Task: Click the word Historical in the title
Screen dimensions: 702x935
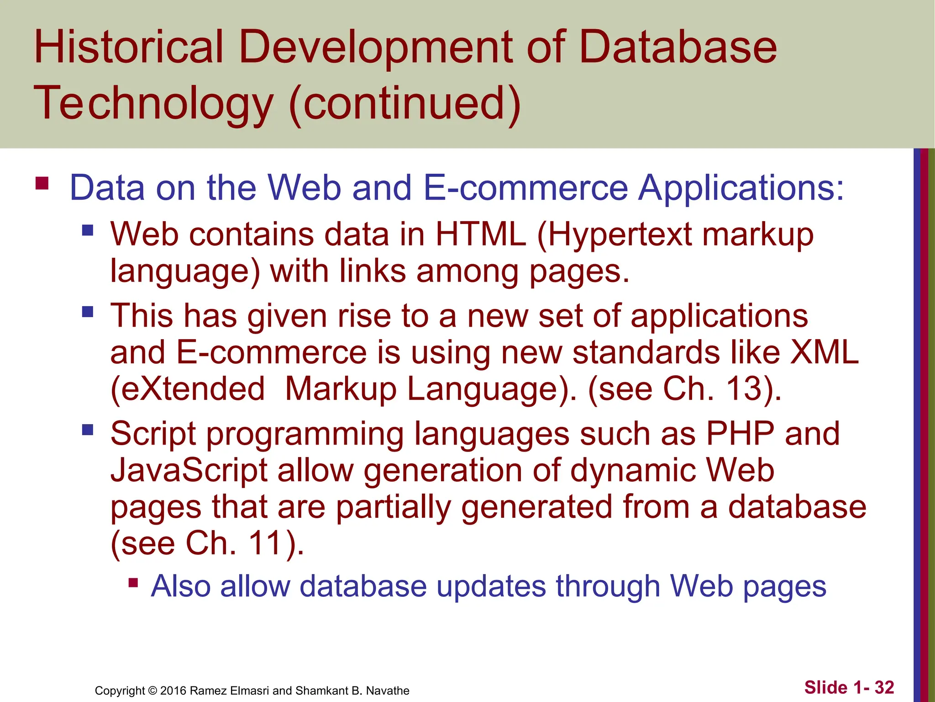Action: click(129, 47)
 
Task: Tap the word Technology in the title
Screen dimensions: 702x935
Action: click(153, 104)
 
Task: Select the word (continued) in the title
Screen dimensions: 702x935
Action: click(405, 104)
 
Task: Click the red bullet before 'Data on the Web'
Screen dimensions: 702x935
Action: click(42, 183)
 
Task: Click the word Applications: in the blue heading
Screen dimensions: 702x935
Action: click(741, 188)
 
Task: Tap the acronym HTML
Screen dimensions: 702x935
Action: click(481, 234)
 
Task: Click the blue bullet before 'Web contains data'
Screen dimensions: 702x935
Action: click(88, 229)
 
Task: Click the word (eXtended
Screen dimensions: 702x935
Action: click(188, 389)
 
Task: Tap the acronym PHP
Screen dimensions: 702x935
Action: click(740, 433)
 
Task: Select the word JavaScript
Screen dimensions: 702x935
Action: click(189, 471)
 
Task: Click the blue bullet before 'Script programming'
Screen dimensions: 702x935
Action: click(88, 430)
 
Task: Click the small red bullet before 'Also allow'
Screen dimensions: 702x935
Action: click(133, 583)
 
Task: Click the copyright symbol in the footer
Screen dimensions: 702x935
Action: click(152, 691)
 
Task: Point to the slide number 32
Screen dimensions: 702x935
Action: click(884, 687)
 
